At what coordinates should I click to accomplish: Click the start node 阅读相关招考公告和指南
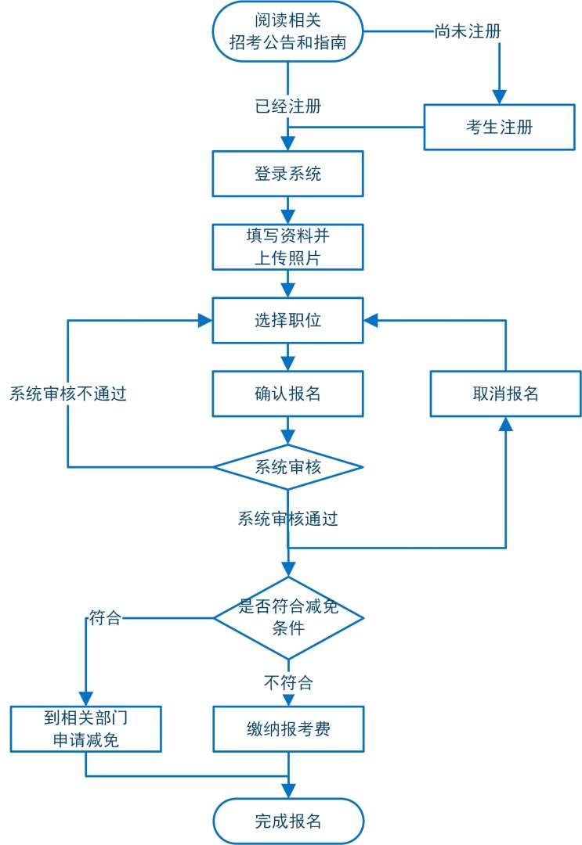pyautogui.click(x=287, y=31)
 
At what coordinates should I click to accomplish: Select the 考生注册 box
pyautogui.click(x=499, y=127)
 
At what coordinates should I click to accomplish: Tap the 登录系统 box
pyautogui.click(x=287, y=174)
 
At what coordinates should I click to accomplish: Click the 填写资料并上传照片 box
pyautogui.click(x=287, y=246)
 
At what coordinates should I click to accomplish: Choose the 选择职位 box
pyautogui.click(x=287, y=320)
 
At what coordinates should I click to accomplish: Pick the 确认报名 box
pyautogui.click(x=287, y=394)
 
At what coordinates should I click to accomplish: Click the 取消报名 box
pyautogui.click(x=505, y=394)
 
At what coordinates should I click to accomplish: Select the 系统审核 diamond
pyautogui.click(x=287, y=467)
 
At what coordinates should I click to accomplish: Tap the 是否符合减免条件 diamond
pyautogui.click(x=287, y=617)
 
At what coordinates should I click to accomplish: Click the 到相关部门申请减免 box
pyautogui.click(x=85, y=729)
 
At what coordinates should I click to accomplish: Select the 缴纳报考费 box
pyautogui.click(x=287, y=729)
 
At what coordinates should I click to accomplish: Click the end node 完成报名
pyautogui.click(x=287, y=822)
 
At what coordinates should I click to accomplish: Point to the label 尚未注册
pyautogui.click(x=468, y=31)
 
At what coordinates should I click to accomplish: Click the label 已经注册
pyautogui.click(x=287, y=106)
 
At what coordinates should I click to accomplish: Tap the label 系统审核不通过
pyautogui.click(x=68, y=394)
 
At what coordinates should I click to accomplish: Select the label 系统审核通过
pyautogui.click(x=287, y=518)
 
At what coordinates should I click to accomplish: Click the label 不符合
pyautogui.click(x=287, y=682)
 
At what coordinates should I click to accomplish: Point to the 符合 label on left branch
pyautogui.click(x=105, y=617)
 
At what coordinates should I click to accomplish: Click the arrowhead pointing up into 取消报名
pyautogui.click(x=505, y=424)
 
